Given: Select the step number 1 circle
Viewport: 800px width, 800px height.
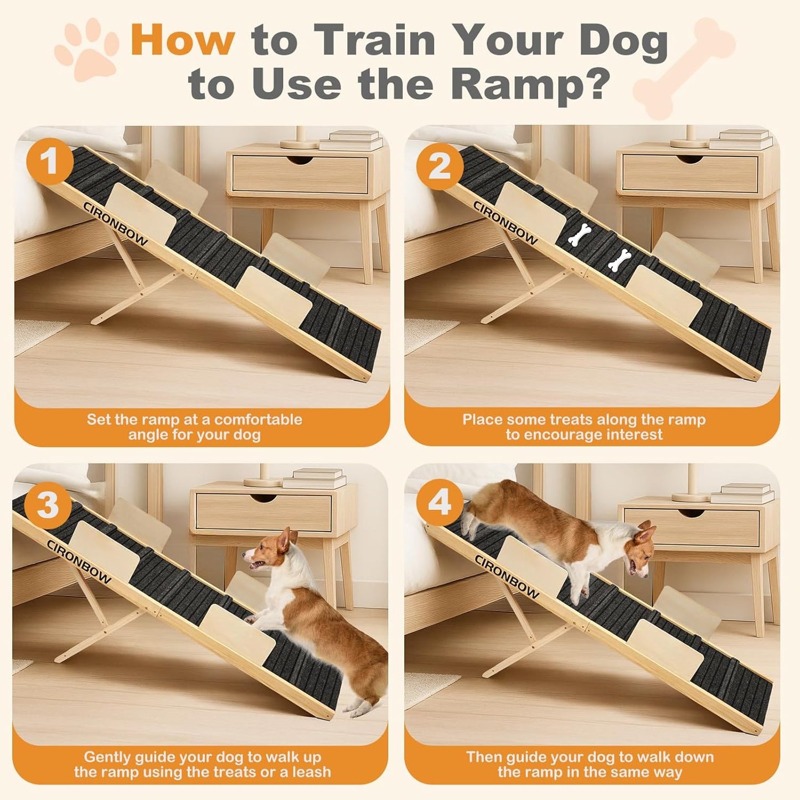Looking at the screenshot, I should pyautogui.click(x=50, y=162).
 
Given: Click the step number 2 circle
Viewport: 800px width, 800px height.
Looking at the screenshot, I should pyautogui.click(x=440, y=165).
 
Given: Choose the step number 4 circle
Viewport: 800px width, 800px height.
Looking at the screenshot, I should pyautogui.click(x=440, y=503).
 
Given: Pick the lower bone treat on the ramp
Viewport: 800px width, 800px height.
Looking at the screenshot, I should pyautogui.click(x=620, y=260).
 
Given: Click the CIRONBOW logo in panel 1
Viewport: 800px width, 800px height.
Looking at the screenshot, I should pyautogui.click(x=115, y=223).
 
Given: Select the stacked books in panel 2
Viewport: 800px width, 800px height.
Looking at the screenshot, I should pyautogui.click(x=742, y=139).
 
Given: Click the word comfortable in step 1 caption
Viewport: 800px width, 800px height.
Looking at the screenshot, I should pyautogui.click(x=258, y=419).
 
